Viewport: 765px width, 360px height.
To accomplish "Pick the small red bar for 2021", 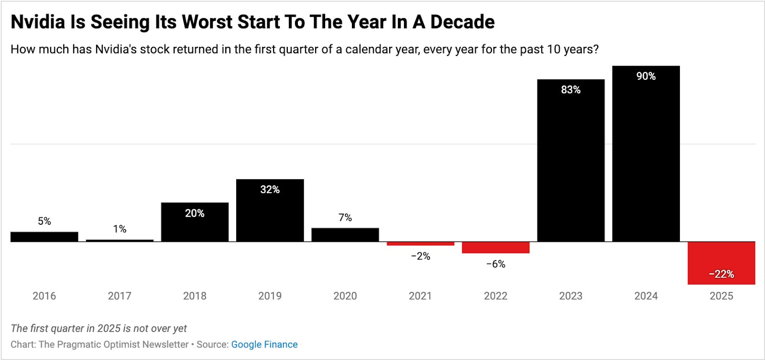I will point(420,244).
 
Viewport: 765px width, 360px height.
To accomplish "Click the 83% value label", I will point(570,90).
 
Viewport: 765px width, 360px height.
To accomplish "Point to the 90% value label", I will point(645,76).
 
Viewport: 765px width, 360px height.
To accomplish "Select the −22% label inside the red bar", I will point(721,274).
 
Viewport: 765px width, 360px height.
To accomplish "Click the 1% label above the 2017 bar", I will point(120,229).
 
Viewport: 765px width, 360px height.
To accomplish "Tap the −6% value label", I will point(495,264).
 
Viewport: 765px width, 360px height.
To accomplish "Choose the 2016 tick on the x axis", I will point(44,296).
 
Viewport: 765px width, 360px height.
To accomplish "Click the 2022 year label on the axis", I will point(495,296).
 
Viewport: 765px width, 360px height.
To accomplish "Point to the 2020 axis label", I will point(345,296).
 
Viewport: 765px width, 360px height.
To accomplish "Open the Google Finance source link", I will point(264,344).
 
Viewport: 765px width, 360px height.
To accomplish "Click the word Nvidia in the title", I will point(37,22).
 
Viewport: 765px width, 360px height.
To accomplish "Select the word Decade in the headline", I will point(462,22).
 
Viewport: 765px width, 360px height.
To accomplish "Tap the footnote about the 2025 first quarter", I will point(98,328).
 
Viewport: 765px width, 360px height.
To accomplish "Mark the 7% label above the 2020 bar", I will point(345,218).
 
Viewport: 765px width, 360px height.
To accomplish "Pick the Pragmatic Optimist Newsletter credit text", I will point(113,344).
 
